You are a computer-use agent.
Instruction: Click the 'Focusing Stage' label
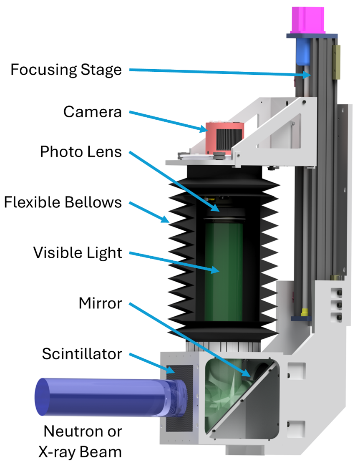66,69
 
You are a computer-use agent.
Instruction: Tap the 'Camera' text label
92,111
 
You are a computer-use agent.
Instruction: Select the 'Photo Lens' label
81,152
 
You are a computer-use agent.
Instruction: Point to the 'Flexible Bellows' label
63,202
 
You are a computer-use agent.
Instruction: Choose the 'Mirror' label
100,303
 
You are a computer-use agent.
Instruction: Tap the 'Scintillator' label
82,354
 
